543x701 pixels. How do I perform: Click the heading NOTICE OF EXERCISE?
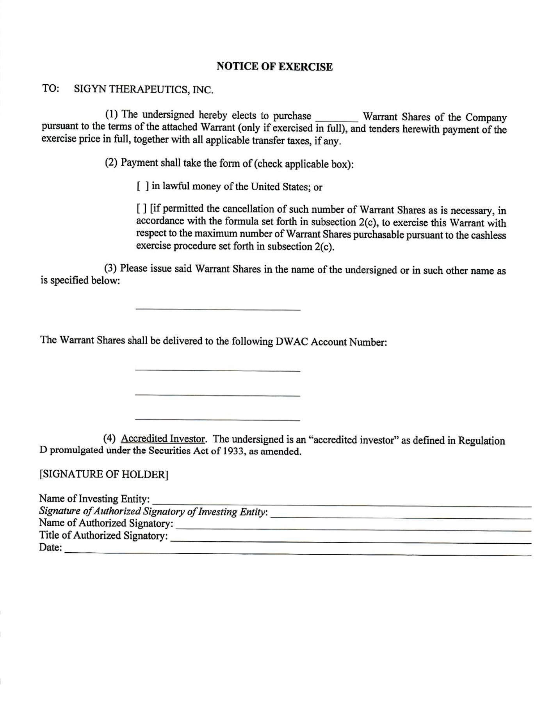point(274,67)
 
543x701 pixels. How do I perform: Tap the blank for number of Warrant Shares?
point(336,118)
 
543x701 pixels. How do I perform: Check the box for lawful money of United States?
point(142,187)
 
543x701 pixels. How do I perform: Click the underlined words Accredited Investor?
point(163,439)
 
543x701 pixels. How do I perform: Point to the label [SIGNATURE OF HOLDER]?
point(103,475)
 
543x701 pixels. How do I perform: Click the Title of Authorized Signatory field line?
point(351,541)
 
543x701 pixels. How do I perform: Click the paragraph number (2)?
point(111,162)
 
